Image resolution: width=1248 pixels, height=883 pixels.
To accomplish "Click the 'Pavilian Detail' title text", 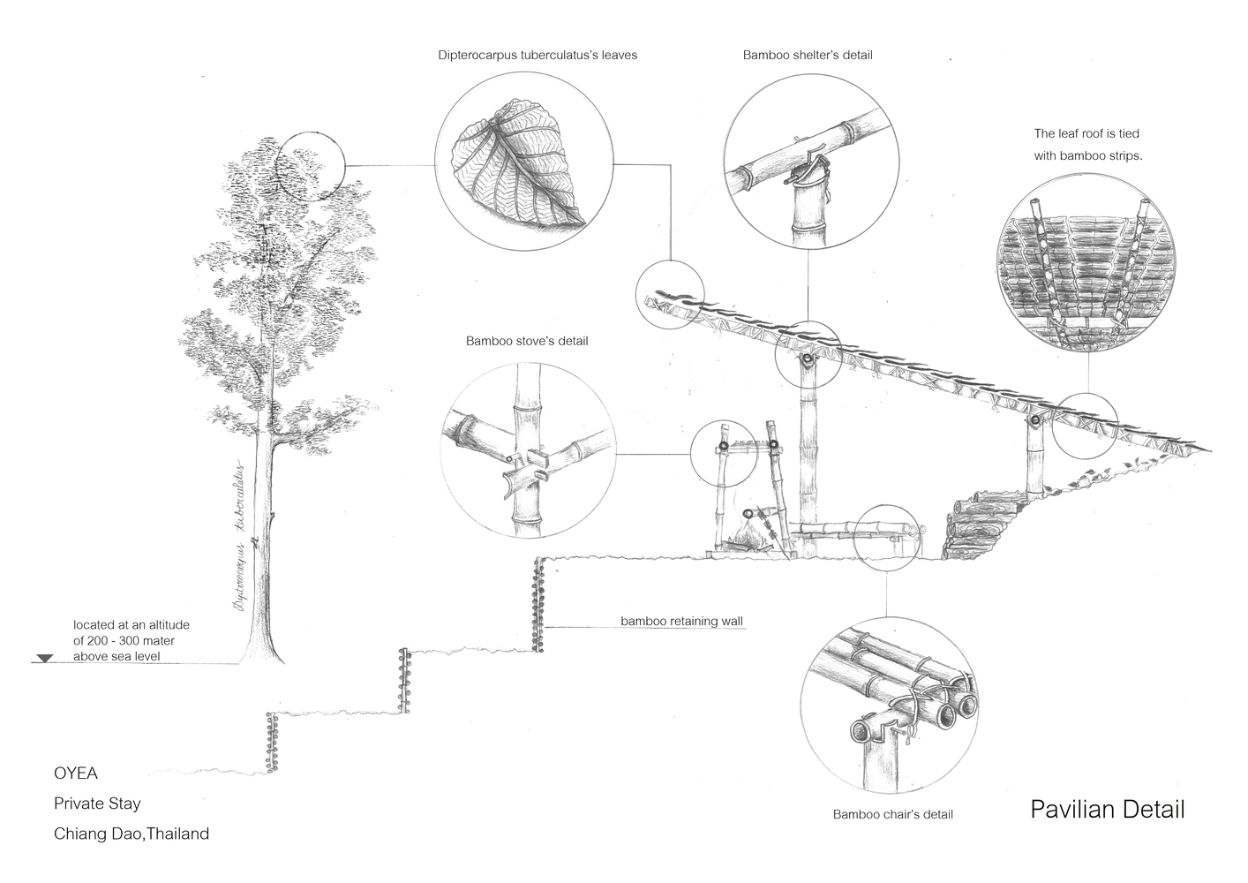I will (x=1107, y=809).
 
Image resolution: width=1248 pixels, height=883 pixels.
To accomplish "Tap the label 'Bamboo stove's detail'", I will (x=527, y=341).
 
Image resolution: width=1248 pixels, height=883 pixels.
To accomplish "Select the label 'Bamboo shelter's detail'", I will (x=808, y=55).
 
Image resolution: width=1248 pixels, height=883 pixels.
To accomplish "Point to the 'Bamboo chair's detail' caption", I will (x=892, y=814).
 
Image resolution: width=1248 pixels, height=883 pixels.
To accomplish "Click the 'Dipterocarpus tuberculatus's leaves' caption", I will (x=538, y=55).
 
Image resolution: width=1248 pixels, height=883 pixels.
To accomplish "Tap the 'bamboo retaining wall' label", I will (x=681, y=621).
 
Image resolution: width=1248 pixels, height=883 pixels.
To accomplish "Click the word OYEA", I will (x=76, y=774).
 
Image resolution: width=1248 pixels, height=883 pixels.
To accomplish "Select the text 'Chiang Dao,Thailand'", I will (x=132, y=834).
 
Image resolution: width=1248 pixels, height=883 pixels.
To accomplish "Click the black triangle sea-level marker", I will (x=45, y=659).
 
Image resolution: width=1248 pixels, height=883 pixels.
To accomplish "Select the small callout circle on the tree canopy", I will (x=308, y=164).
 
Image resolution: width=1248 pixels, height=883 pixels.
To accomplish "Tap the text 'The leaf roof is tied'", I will (x=1086, y=134).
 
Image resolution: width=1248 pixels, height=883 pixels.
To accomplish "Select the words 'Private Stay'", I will (x=97, y=804).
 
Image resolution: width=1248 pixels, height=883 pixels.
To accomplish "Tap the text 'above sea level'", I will (x=117, y=656).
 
